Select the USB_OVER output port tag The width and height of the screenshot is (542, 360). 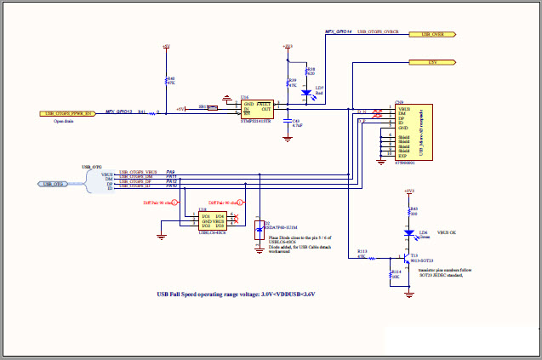coord(433,35)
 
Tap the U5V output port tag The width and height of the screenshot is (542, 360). coord(433,62)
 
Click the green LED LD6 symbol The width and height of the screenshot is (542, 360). coord(409,232)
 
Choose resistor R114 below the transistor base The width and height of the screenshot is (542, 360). coord(390,274)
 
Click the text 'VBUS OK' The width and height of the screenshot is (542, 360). coord(448,231)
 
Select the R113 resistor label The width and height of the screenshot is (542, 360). coord(362,252)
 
